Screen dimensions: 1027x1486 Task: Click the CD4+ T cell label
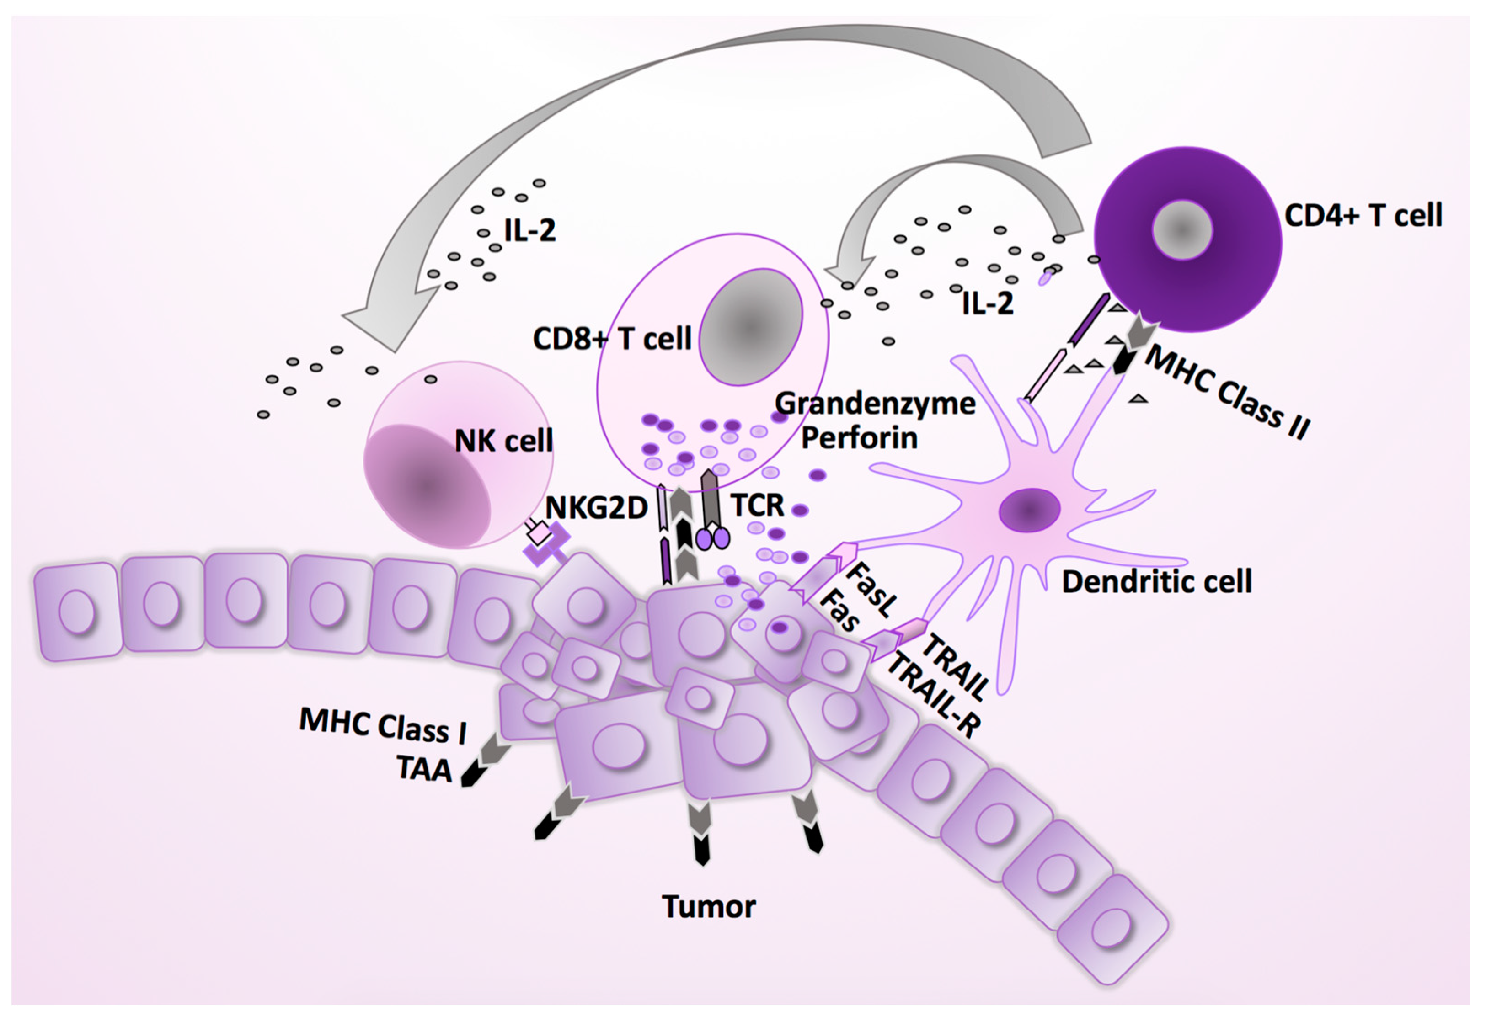click(1363, 216)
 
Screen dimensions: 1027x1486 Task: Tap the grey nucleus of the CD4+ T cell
click(1182, 230)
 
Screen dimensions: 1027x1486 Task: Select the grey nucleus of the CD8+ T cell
click(750, 327)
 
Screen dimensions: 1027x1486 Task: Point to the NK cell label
click(503, 442)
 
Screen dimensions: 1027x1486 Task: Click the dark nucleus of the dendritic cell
click(1029, 510)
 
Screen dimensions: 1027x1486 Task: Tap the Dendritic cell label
click(1156, 582)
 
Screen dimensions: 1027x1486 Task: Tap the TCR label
click(758, 506)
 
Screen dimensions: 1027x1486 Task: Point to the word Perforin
click(859, 438)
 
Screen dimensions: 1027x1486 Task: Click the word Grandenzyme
click(875, 404)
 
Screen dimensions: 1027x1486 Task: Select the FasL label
click(870, 590)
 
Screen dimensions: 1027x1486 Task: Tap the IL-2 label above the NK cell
click(529, 230)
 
